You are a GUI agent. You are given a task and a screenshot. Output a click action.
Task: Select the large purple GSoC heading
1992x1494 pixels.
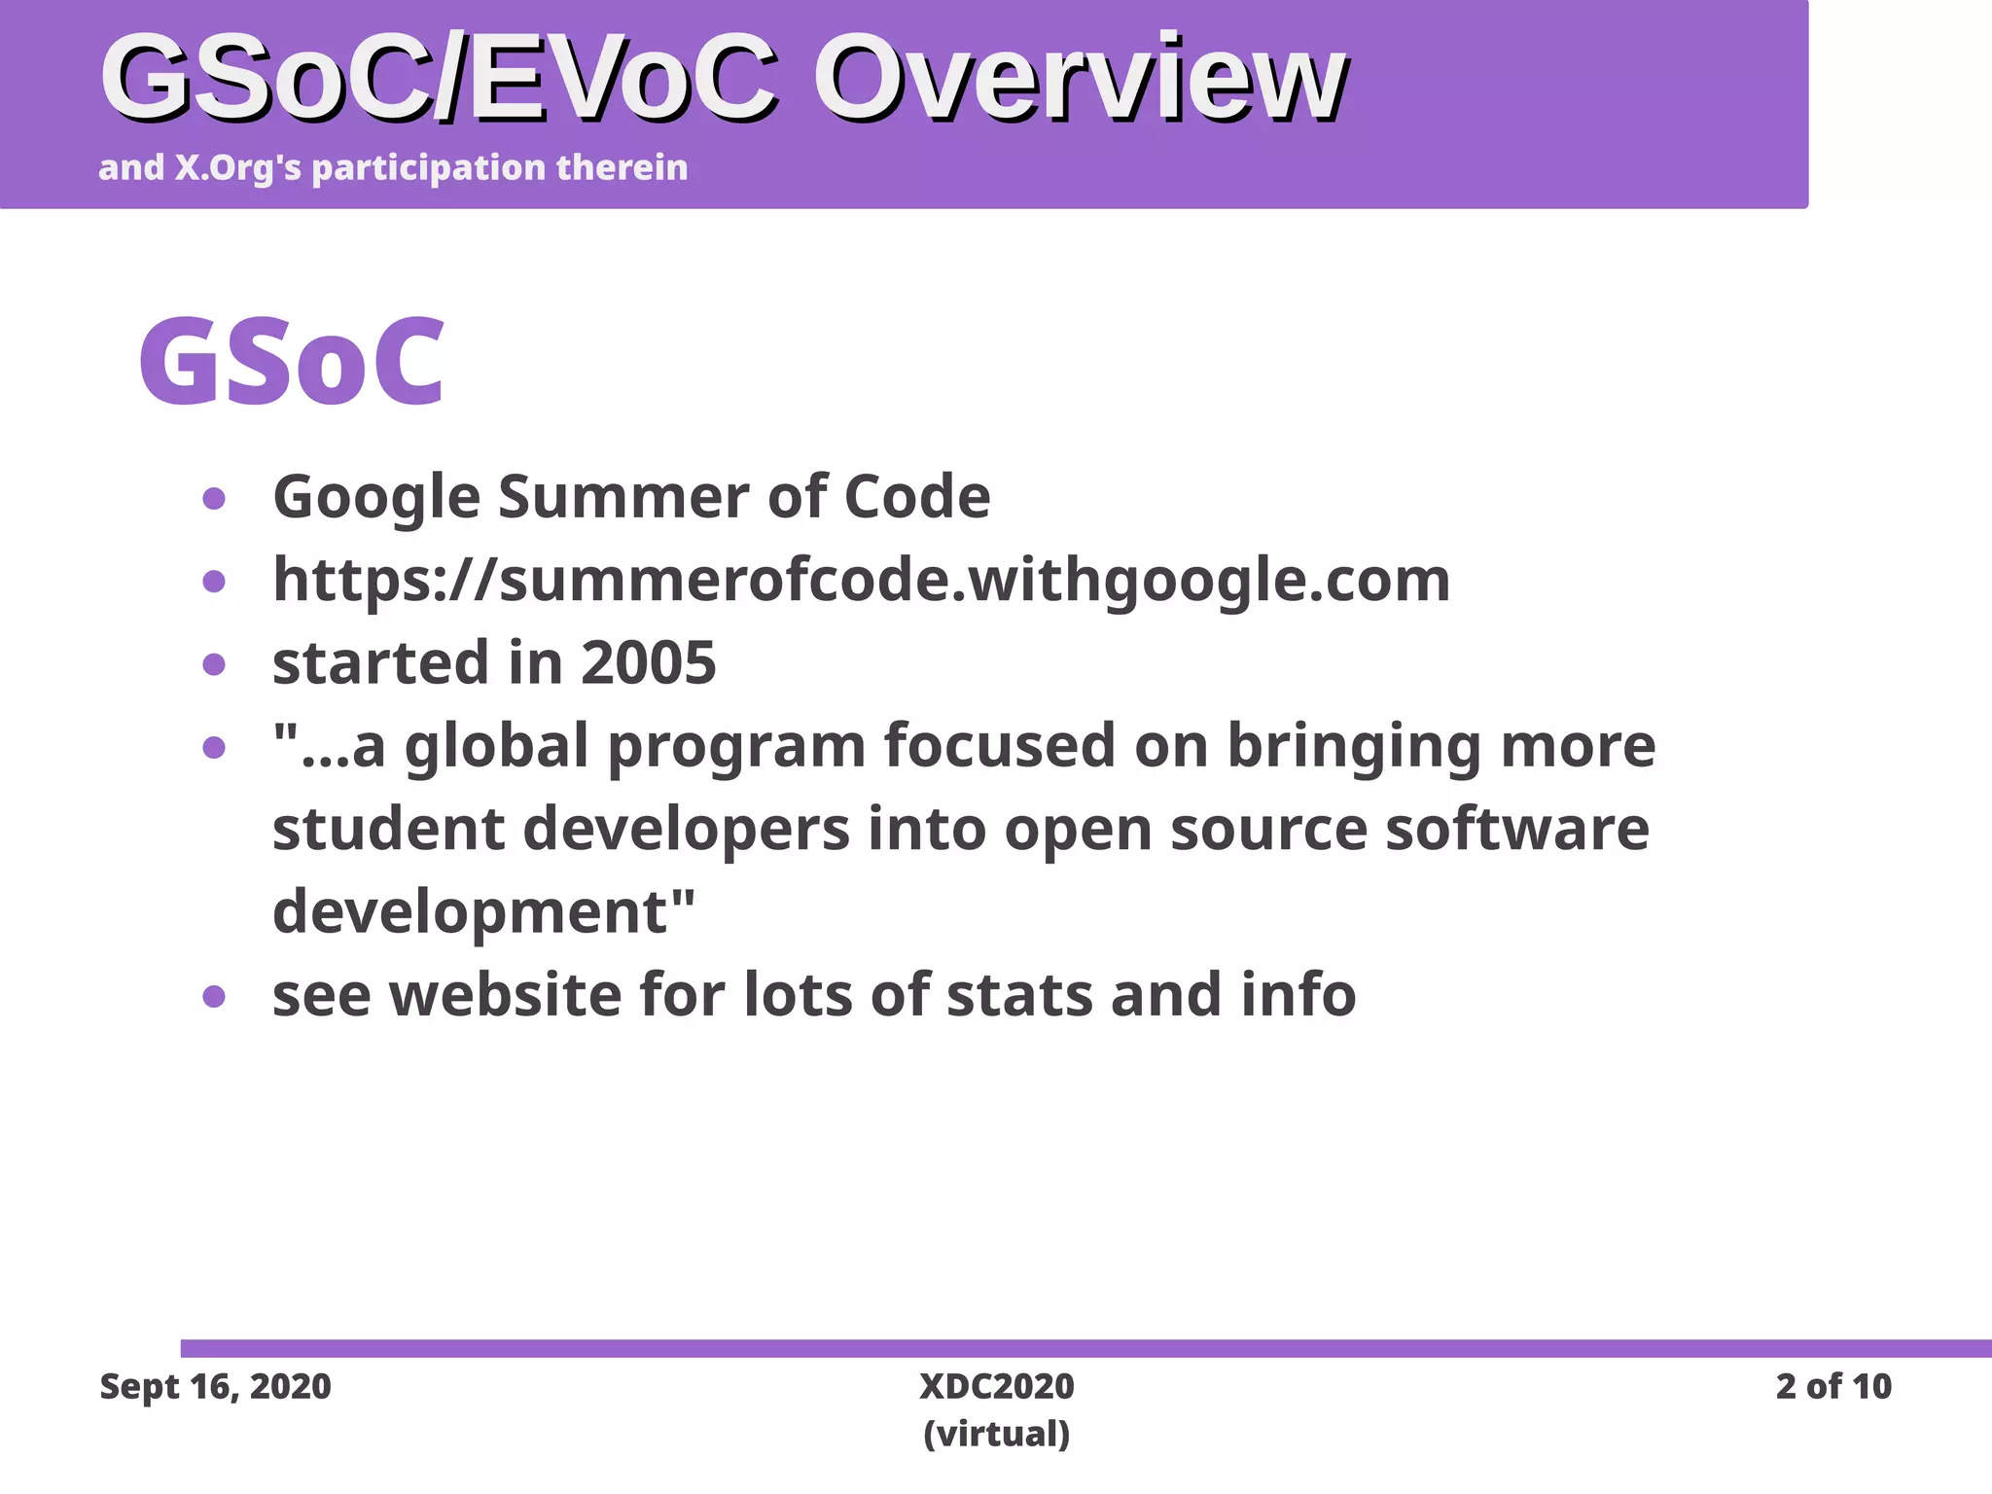[292, 362]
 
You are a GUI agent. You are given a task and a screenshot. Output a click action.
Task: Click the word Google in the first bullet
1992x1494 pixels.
[376, 498]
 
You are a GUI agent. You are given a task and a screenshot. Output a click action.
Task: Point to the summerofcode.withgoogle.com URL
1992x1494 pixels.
[861, 581]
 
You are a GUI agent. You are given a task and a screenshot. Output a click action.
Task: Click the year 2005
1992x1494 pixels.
[648, 663]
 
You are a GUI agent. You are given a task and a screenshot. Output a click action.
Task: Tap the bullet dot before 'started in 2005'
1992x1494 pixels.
[214, 664]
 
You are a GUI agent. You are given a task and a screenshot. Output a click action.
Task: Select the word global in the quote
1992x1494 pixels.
[497, 747]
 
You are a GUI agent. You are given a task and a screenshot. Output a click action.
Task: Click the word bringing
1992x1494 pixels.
[1354, 747]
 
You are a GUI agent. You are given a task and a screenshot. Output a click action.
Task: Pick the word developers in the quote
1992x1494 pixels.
[687, 830]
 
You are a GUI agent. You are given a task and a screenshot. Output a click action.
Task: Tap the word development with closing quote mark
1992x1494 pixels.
[483, 912]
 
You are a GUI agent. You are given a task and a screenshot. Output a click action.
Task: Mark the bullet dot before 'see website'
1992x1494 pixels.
[214, 997]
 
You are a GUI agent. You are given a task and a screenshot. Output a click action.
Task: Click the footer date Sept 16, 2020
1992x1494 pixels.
[216, 1386]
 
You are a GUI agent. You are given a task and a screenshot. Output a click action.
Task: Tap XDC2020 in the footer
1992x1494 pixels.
[996, 1386]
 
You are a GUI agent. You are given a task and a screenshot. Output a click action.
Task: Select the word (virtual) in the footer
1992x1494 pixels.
[996, 1434]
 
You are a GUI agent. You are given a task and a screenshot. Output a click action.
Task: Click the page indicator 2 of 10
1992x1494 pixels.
[1832, 1386]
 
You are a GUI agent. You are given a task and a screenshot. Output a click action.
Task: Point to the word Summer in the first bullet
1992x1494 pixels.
[623, 498]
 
